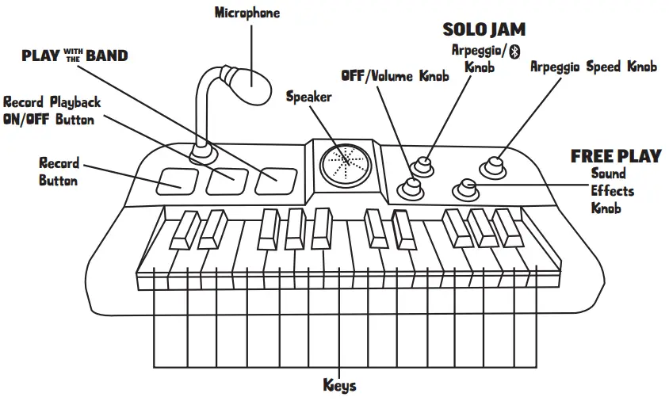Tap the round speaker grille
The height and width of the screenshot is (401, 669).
click(344, 164)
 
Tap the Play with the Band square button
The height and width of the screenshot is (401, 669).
click(275, 182)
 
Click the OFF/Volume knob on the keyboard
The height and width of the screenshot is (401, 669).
click(411, 187)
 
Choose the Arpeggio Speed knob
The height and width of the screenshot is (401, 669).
click(496, 166)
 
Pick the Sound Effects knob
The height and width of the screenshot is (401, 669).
click(465, 189)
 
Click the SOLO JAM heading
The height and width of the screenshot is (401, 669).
click(484, 30)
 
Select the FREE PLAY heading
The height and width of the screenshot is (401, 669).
click(615, 156)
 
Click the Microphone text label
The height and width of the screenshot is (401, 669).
click(247, 13)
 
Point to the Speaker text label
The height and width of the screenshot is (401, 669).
click(308, 97)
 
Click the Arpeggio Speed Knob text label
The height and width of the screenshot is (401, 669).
click(593, 67)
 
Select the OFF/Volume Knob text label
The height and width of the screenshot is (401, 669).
click(395, 76)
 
